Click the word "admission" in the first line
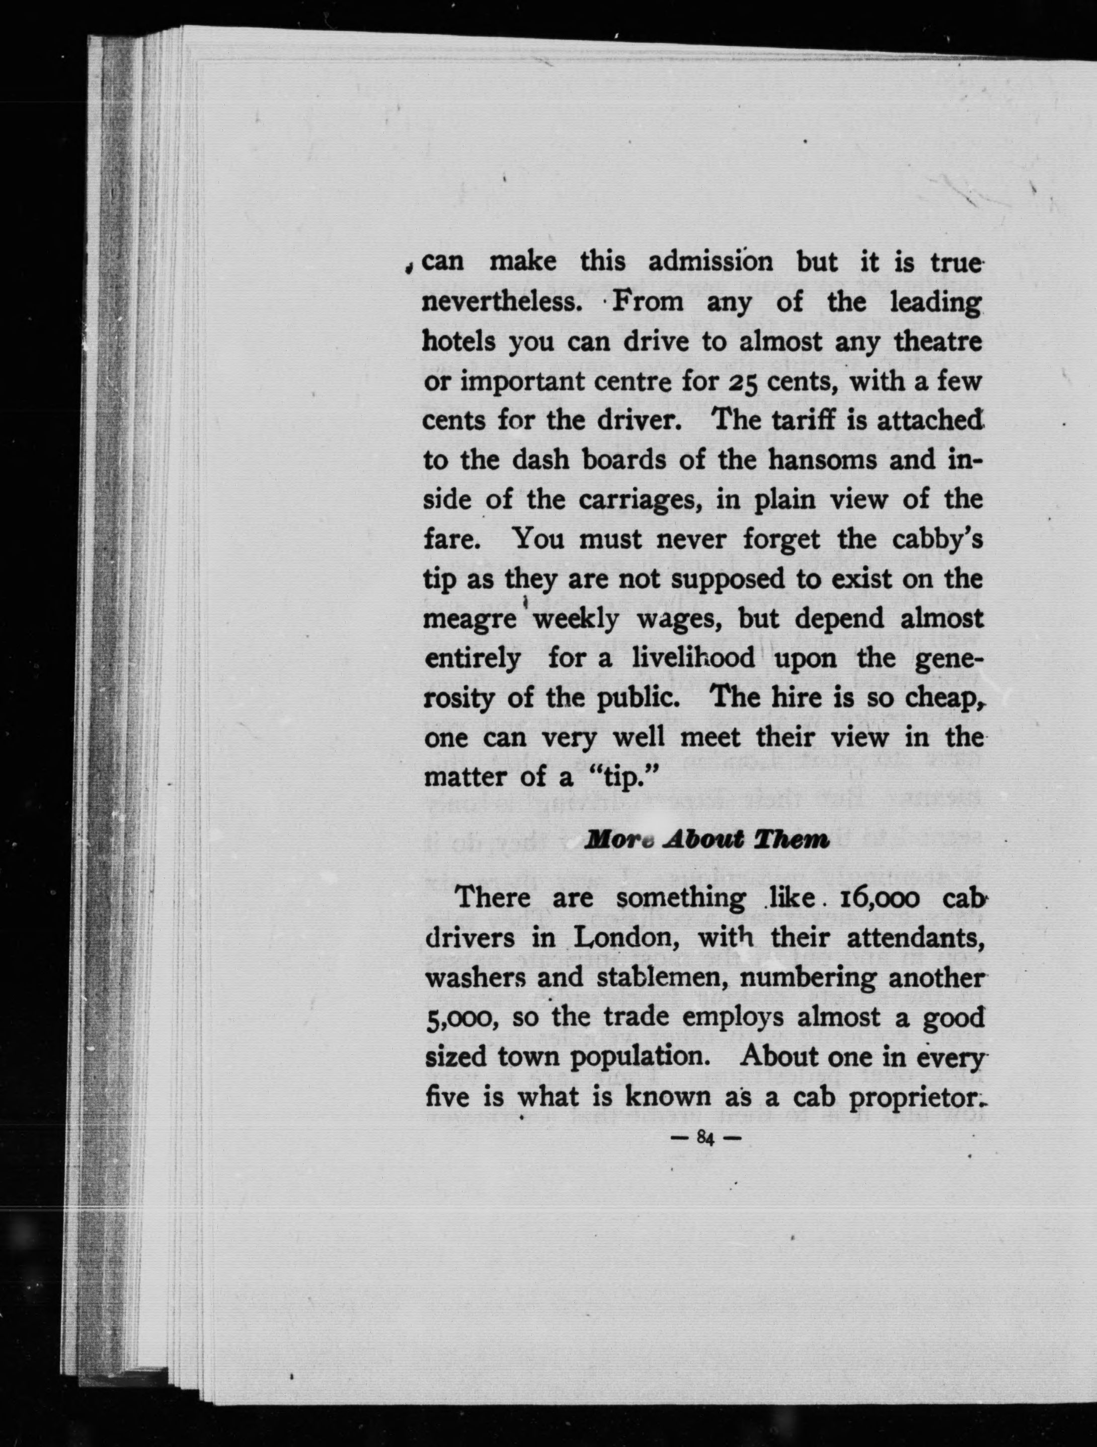point(711,262)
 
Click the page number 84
point(705,1139)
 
